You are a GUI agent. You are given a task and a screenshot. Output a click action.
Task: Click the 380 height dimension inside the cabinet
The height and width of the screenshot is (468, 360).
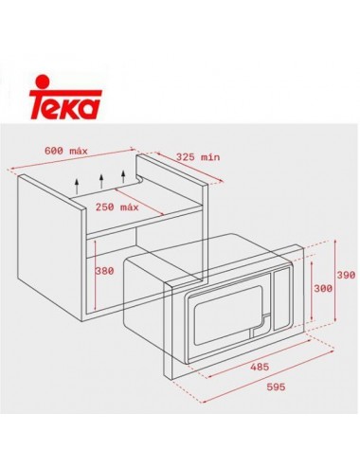click(104, 271)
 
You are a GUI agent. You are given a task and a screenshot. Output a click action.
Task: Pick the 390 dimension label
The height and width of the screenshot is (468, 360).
click(346, 274)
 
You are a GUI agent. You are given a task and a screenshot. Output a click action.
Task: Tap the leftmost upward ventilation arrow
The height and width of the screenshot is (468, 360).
click(77, 182)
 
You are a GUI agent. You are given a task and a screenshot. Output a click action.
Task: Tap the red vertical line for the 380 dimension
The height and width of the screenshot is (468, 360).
click(91, 272)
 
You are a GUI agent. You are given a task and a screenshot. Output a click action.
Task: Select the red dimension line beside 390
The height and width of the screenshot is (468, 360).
click(334, 275)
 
